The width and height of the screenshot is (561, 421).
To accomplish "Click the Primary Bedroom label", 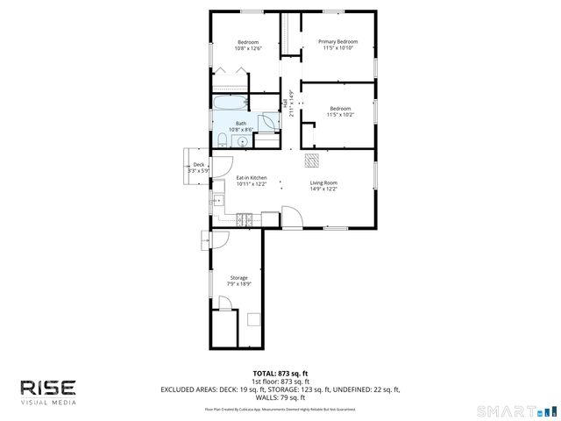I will tap(337, 41).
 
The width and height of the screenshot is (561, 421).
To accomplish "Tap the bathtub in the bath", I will tap(230, 104).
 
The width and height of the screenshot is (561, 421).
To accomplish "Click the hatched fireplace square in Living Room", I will tap(312, 160).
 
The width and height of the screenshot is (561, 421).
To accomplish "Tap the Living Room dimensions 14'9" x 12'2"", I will tap(323, 189).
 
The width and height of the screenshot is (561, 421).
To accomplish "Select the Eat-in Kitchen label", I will tap(252, 178).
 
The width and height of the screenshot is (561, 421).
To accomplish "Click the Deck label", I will tap(199, 165).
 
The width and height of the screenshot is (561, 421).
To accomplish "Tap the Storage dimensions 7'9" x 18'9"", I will tap(239, 284).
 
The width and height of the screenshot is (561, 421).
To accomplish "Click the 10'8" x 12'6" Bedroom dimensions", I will tap(246, 48).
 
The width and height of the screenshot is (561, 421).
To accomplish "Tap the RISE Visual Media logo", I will tap(48, 390).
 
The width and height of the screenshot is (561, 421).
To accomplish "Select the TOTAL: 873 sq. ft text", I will tap(280, 374).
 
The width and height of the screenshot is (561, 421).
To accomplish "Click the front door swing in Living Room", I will tap(291, 219).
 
